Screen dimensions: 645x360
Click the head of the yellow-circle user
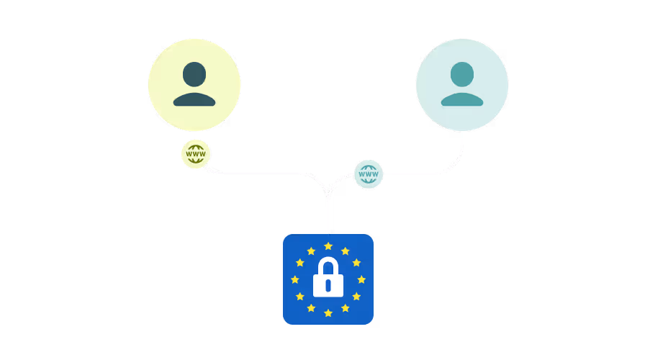click(x=194, y=74)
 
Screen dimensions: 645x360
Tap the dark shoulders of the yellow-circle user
click(x=194, y=99)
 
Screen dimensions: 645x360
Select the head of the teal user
click(x=462, y=74)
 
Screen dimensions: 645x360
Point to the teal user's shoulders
click(x=462, y=99)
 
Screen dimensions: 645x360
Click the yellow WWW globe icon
click(x=196, y=153)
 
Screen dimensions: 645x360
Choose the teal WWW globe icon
click(x=369, y=174)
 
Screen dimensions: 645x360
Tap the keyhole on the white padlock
click(x=328, y=286)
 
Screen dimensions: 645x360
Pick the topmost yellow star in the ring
click(x=328, y=246)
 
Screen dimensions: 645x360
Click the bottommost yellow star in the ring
click(x=328, y=312)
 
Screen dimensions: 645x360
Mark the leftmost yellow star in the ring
click(x=295, y=279)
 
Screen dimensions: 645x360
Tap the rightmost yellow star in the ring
click(x=361, y=279)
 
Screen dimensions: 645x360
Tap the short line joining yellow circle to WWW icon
click(x=194, y=135)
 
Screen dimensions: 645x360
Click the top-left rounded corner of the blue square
click(x=287, y=238)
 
